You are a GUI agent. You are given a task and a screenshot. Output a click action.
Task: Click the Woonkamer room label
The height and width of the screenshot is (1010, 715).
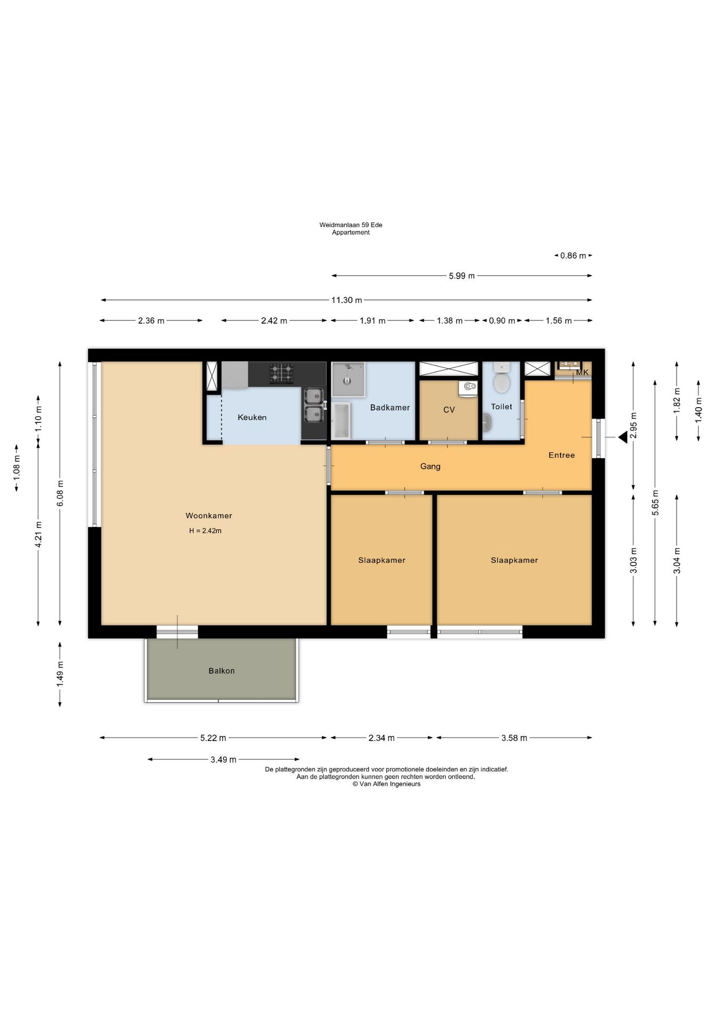click(x=208, y=516)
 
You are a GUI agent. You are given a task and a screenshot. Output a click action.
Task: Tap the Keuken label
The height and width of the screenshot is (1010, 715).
click(x=252, y=417)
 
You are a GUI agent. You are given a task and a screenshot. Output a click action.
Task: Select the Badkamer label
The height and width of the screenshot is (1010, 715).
click(x=390, y=407)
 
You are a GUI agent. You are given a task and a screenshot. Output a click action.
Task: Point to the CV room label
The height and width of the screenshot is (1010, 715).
click(x=449, y=410)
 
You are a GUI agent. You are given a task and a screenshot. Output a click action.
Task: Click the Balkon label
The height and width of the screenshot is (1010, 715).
click(x=222, y=671)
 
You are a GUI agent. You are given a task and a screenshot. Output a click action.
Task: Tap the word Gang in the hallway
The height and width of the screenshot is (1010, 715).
click(x=430, y=466)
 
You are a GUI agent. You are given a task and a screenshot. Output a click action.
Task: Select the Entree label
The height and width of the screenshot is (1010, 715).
click(x=562, y=455)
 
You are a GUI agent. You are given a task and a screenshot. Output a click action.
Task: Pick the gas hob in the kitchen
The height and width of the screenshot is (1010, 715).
click(x=282, y=373)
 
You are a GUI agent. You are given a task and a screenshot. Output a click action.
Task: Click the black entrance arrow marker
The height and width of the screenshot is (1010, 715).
click(x=623, y=437)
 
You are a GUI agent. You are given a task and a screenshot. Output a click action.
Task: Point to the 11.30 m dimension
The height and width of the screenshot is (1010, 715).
click(x=346, y=300)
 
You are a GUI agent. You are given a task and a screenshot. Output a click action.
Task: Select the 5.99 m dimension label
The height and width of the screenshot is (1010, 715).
click(x=462, y=276)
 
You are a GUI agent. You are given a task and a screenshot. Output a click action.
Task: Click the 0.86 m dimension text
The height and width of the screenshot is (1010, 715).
click(x=573, y=256)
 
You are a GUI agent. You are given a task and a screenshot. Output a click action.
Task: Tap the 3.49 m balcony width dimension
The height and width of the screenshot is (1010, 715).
click(x=223, y=760)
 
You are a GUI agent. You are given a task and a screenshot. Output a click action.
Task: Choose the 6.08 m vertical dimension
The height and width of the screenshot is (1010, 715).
click(x=60, y=493)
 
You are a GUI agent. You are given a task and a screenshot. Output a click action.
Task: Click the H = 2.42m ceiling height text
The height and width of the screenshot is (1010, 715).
click(x=205, y=531)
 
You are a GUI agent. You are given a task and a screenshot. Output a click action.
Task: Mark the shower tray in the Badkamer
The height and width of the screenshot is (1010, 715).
click(x=348, y=379)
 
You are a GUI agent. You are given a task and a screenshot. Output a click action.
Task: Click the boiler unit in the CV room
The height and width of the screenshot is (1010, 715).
click(x=468, y=389)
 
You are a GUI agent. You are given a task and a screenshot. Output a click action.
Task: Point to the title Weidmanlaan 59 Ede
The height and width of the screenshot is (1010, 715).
click(x=351, y=225)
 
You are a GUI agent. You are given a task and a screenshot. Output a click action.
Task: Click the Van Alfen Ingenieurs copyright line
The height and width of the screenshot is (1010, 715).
click(x=386, y=784)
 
